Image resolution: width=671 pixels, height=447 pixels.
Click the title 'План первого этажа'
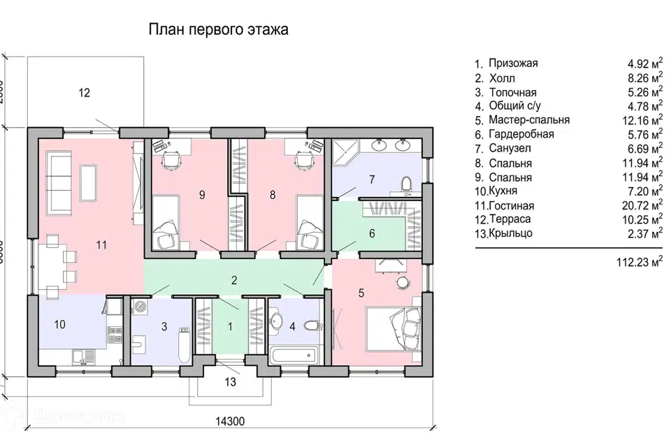click(218, 30)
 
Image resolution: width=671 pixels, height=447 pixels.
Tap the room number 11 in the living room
click(101, 244)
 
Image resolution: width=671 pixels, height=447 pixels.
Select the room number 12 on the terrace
click(85, 92)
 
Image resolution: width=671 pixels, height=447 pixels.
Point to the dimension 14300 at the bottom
click(230, 422)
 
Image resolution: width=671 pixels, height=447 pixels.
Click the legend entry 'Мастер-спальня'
click(529, 120)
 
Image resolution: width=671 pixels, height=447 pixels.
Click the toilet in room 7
click(407, 184)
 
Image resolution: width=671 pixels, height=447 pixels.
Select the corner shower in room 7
click(345, 153)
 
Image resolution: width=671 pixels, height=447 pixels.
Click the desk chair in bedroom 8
click(304, 161)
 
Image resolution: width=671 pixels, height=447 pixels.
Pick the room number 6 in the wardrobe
click(372, 233)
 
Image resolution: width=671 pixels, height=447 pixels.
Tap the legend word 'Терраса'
click(510, 219)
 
